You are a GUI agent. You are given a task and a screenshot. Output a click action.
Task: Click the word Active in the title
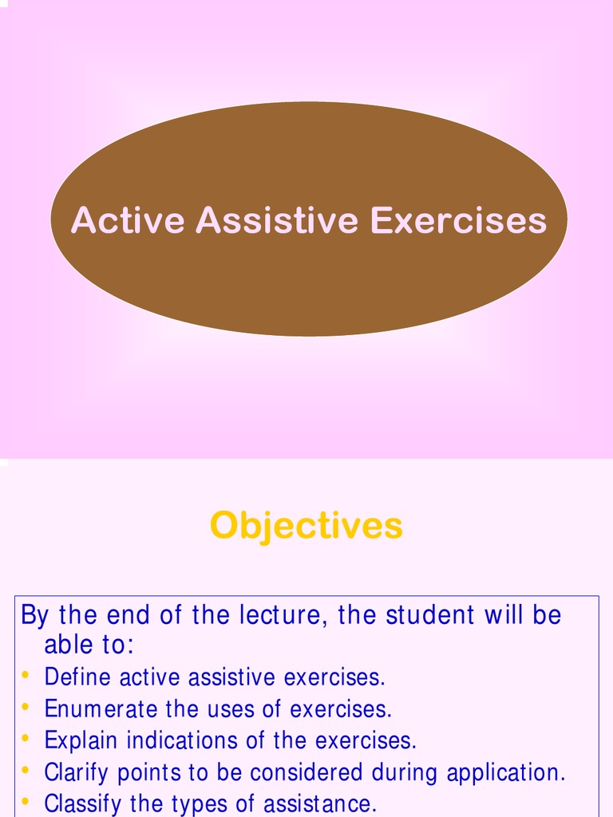tap(128, 220)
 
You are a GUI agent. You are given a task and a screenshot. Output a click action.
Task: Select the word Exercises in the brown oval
tap(459, 220)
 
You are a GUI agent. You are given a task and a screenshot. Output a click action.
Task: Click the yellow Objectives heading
tap(306, 526)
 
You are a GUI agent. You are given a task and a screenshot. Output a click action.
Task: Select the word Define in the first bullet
tap(78, 677)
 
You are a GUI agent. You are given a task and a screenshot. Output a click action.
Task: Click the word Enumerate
tap(101, 708)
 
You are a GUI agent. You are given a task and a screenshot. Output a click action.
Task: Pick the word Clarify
tap(77, 772)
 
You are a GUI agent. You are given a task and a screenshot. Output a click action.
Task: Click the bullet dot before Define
tap(26, 677)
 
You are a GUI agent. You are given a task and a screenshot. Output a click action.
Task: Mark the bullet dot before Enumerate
tap(26, 708)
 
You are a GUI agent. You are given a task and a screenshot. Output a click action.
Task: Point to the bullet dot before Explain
tap(26, 739)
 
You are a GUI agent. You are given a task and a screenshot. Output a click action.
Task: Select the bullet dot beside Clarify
tap(26, 771)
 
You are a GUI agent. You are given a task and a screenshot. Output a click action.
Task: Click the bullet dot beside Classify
tap(26, 801)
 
